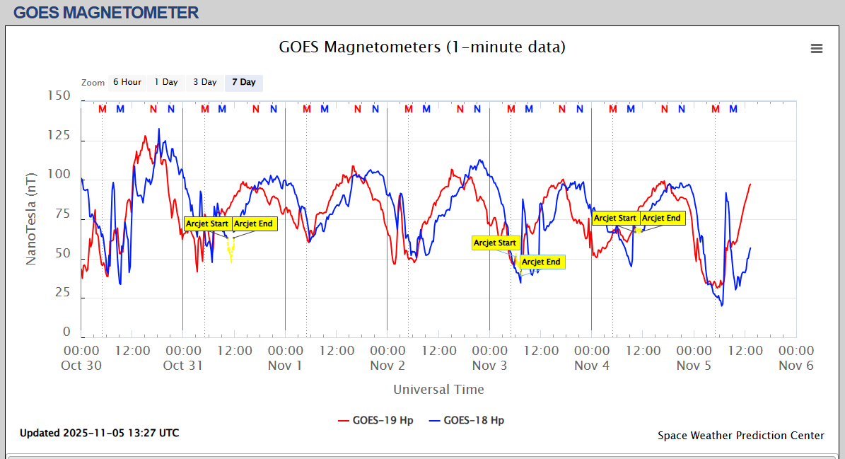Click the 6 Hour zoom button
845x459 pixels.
tap(127, 82)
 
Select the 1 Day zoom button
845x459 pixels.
tap(166, 82)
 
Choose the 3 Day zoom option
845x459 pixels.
tap(205, 82)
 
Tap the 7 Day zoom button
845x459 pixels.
tap(244, 82)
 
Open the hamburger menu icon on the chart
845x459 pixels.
tap(817, 48)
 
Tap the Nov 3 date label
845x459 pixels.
tap(489, 366)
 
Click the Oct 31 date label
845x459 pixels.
tap(183, 366)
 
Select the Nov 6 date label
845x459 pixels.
tap(796, 366)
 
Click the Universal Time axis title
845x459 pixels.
tap(438, 389)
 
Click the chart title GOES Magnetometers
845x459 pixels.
tap(422, 47)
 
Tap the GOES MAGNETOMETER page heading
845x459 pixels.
tap(106, 13)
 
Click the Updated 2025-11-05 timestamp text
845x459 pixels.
tap(99, 433)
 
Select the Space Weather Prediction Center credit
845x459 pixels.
tap(740, 436)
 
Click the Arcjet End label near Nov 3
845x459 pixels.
tap(542, 262)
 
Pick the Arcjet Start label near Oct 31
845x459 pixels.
tap(207, 223)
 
